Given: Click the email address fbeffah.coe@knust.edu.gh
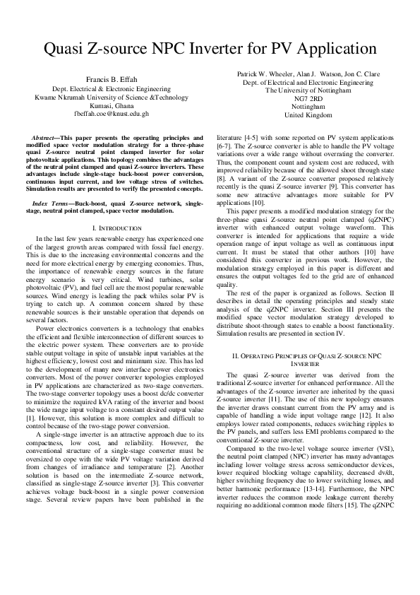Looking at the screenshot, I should click(112, 113).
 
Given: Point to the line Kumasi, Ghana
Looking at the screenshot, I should click(112, 105).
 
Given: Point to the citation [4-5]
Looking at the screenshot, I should click(252, 137).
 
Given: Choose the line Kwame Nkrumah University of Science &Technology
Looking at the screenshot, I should click(112, 96).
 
